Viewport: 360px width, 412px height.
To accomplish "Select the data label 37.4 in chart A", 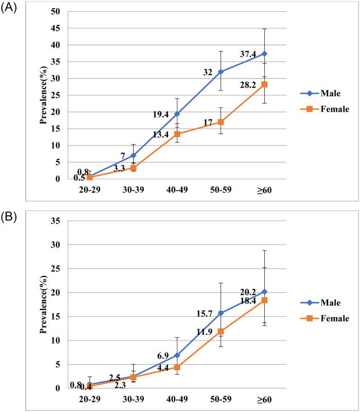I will pos(246,55).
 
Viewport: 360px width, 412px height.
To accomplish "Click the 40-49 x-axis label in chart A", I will pos(177,190).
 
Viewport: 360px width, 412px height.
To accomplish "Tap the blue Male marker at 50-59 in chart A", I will pos(221,71).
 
